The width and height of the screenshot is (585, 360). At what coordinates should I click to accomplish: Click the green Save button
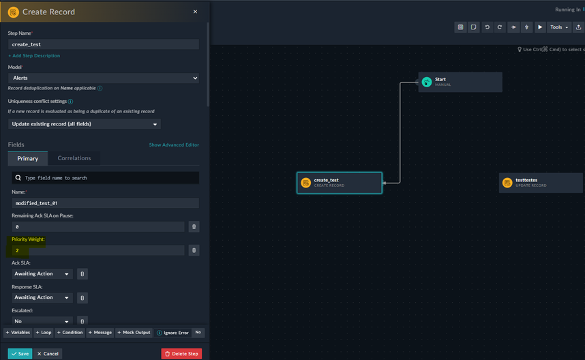[x=20, y=354]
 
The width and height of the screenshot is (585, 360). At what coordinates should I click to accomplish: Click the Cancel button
[x=48, y=354]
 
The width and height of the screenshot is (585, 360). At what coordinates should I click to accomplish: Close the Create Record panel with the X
[x=195, y=12]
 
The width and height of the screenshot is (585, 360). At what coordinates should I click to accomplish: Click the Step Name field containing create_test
[x=104, y=44]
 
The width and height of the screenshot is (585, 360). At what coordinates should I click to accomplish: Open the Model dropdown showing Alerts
[x=104, y=78]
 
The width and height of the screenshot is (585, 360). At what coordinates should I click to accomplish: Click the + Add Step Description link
[x=34, y=56]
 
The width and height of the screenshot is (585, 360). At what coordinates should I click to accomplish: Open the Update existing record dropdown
[x=85, y=124]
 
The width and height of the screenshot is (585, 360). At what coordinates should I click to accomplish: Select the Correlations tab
[x=74, y=158]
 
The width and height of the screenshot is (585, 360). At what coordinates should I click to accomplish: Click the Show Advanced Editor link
[x=174, y=145]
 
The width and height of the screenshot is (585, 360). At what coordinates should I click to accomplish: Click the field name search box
[x=106, y=178]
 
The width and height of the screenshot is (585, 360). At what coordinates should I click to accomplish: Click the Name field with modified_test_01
[x=104, y=203]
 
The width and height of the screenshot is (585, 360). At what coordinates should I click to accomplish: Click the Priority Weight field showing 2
[x=97, y=250]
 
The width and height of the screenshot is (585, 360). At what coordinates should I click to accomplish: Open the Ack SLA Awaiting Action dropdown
[x=42, y=274]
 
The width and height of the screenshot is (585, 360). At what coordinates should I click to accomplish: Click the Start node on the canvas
[x=460, y=82]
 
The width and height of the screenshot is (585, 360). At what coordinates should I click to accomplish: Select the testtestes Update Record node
[x=541, y=183]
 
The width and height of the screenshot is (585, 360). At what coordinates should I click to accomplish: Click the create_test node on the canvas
[x=339, y=183]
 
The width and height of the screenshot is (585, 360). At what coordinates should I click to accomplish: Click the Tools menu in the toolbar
[x=559, y=27]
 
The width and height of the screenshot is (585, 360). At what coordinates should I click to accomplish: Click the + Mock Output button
[x=134, y=333]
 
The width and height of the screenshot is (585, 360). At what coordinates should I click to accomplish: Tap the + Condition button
[x=69, y=333]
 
